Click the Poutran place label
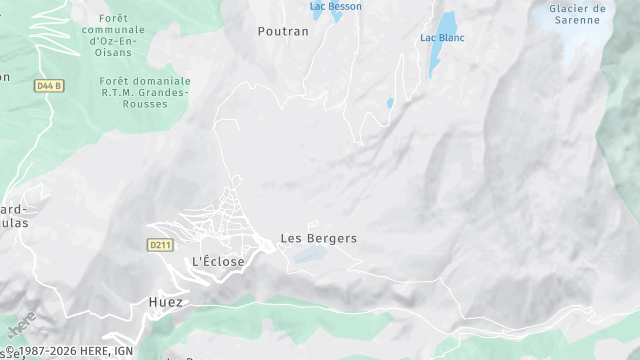[283, 31]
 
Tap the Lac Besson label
[336, 6]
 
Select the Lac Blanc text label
[441, 38]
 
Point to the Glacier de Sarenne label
[577, 13]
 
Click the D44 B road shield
[48, 86]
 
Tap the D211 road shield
[160, 244]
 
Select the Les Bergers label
[318, 239]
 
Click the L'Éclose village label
[218, 262]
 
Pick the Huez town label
[166, 302]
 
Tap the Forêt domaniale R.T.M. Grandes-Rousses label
[145, 92]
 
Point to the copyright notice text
[70, 351]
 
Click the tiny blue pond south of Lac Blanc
[390, 103]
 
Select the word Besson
[345, 6]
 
